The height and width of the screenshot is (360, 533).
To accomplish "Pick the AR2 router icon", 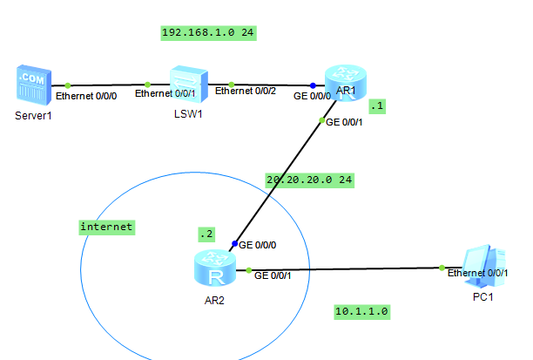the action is (x=213, y=268).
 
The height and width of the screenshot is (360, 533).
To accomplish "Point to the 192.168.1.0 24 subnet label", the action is (x=202, y=33).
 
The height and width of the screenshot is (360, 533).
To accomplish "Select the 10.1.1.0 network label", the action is (x=361, y=310).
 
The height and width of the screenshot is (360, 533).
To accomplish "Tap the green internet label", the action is (x=106, y=227).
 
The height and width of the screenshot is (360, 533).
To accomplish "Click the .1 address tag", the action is (x=376, y=105).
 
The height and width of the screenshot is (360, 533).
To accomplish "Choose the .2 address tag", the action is (x=206, y=234).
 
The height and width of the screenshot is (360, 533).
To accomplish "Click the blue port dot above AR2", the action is (x=234, y=243).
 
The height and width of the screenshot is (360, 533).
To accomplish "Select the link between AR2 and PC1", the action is (x=348, y=268).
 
